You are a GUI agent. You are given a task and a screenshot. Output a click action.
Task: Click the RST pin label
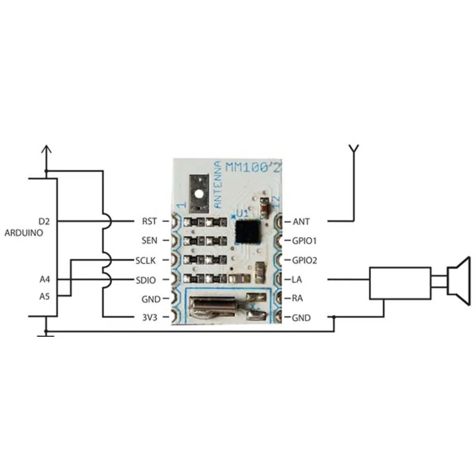pos(149,221)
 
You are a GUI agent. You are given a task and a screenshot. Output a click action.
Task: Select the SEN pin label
pos(149,240)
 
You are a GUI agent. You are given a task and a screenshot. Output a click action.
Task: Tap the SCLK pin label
pos(146,261)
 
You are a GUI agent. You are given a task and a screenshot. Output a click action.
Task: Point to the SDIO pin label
pos(146,280)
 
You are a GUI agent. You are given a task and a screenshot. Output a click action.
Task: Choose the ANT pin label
pos(301,221)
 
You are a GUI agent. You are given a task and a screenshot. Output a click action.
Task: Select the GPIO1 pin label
pos(304,241)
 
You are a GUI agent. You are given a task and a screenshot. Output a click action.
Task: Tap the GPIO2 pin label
pos(304,261)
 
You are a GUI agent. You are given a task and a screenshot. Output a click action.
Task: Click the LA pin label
pos(297,280)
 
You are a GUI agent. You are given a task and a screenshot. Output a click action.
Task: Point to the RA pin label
pos(297,298)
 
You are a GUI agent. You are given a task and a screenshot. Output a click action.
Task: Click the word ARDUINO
pos(24,233)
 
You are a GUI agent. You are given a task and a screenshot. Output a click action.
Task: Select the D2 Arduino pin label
pos(44,221)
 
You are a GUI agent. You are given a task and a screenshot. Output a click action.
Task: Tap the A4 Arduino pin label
pos(45,280)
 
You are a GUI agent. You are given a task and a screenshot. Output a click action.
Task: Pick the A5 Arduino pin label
pos(45,296)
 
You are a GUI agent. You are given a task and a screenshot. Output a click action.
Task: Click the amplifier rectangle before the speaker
pos(400,283)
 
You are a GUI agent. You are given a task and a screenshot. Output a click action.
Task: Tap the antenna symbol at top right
pos(353,150)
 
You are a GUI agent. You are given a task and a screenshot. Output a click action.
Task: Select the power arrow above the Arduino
pos(46,151)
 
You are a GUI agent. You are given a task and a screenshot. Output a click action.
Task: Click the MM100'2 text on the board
pos(253,167)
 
